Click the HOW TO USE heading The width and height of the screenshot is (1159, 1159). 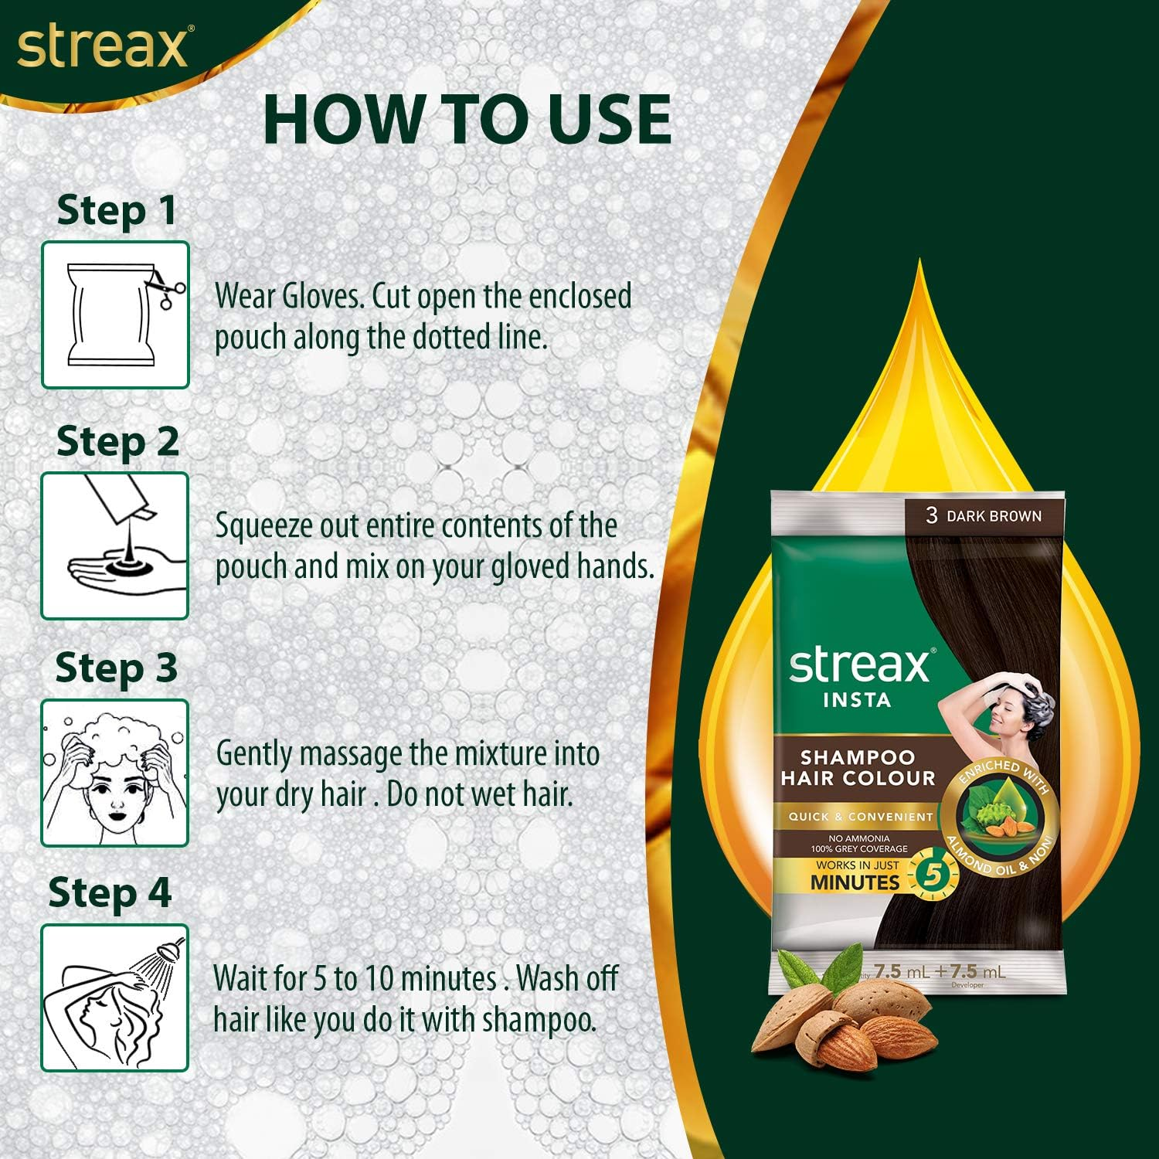467,120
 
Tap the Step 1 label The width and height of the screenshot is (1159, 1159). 117,211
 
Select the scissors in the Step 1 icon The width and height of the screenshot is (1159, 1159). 167,287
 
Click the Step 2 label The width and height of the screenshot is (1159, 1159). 117,442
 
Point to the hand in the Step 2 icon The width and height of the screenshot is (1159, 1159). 124,572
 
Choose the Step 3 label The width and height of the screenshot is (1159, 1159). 116,668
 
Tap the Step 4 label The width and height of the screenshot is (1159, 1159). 110,893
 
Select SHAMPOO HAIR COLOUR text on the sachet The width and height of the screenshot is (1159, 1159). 857,768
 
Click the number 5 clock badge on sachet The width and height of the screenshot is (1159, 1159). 933,875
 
